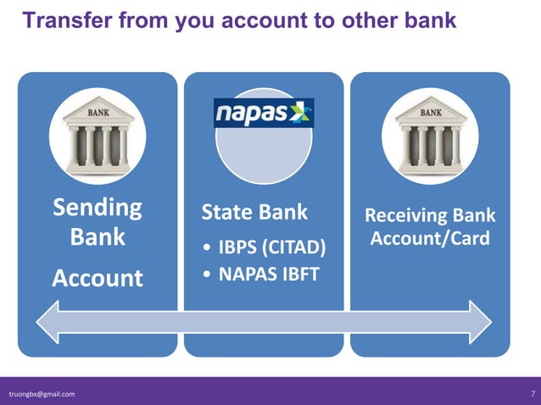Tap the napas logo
[263, 113]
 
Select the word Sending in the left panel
[98, 208]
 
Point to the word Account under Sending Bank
[98, 278]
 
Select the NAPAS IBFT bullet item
[269, 274]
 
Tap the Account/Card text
[430, 238]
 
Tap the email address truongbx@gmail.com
[42, 394]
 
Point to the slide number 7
[532, 394]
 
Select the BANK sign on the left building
[98, 110]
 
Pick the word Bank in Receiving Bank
[476, 215]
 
